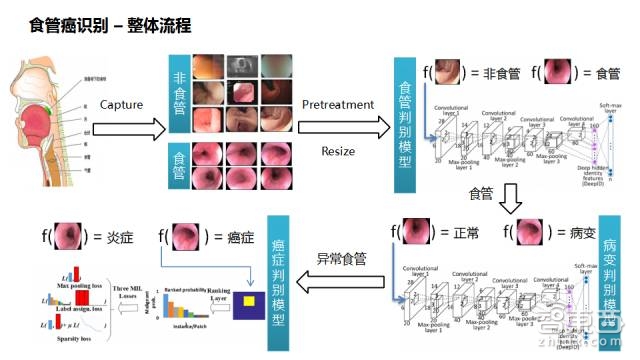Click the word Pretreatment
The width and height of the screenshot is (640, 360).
pos(338,104)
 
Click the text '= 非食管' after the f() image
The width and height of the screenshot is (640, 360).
pos(490,72)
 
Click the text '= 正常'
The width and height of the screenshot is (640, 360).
pos(461,235)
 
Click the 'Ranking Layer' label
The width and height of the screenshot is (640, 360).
pos(209,296)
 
